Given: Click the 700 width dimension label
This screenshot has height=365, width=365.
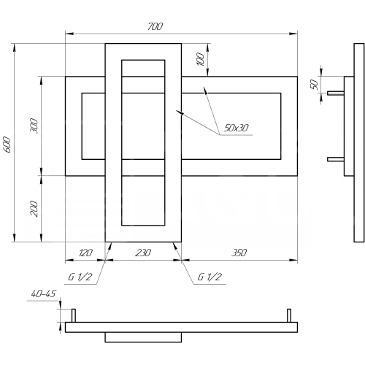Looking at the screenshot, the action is [155, 26].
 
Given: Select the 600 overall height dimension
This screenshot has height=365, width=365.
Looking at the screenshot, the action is [8, 145].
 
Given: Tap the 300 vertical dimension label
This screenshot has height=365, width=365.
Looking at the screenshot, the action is [34, 126].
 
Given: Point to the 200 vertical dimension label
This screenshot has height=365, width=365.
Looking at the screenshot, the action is [34, 209].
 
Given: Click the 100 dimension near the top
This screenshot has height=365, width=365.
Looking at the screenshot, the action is [200, 59].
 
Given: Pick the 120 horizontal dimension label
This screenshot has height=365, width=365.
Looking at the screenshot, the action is [85, 253].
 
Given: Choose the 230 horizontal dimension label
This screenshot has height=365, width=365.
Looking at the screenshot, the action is [143, 253].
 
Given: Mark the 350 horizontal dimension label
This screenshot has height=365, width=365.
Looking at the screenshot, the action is [239, 253].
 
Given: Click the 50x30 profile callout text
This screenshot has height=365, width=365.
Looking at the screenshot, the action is [236, 128].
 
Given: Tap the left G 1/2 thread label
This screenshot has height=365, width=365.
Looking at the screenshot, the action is [80, 277].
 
